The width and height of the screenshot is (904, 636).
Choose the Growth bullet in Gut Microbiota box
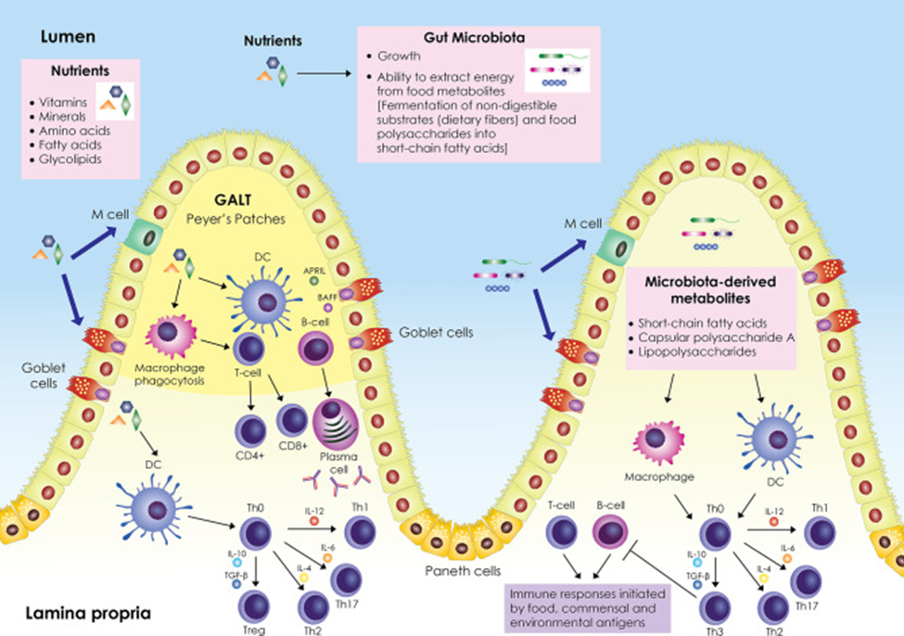click(x=399, y=57)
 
